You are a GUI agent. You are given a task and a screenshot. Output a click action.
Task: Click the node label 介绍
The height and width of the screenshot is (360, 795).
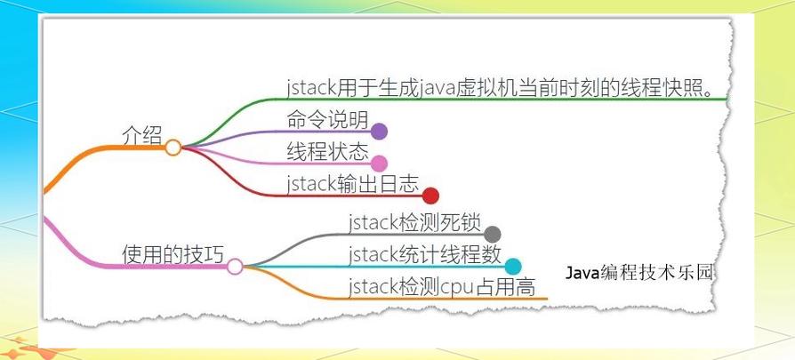pos(142,135)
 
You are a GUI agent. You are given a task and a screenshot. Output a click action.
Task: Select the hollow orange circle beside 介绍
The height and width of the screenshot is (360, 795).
pos(173,148)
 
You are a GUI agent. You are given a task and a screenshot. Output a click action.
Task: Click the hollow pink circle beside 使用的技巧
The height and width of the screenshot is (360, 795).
pos(235,266)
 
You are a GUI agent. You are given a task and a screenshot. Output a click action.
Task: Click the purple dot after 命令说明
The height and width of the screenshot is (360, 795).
pos(379,132)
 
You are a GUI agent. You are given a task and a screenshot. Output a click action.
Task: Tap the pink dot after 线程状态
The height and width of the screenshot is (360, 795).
pos(379,164)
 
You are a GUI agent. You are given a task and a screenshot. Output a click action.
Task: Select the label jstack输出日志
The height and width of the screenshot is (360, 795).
pos(352,183)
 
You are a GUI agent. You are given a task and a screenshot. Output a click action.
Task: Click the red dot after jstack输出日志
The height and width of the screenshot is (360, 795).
pos(431,196)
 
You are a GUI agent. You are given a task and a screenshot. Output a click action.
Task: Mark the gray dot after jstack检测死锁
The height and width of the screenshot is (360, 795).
pos(493,235)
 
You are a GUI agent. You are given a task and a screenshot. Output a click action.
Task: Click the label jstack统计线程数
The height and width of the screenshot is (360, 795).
pos(424,254)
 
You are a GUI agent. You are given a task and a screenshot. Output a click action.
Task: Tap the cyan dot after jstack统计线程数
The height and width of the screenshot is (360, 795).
pos(513,266)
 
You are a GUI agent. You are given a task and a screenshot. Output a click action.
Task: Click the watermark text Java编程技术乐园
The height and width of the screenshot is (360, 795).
pos(639,272)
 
